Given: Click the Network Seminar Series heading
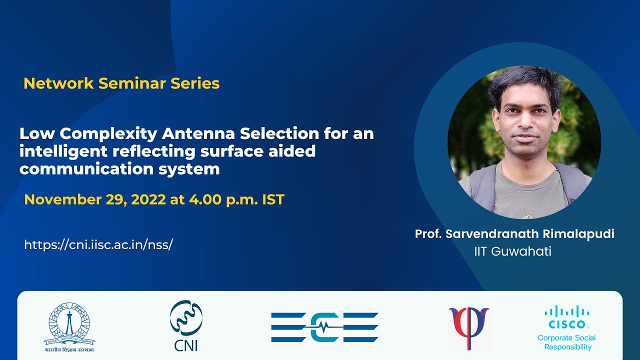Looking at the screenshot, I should (121, 83).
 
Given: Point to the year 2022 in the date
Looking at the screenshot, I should (148, 199).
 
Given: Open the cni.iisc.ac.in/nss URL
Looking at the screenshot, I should (98, 244).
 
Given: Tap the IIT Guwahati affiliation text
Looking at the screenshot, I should (512, 251).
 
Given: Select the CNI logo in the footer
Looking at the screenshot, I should (185, 325).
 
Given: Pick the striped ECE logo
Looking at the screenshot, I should (324, 327).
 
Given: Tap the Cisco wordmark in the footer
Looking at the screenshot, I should (567, 323).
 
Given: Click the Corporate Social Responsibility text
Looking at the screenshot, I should (567, 342).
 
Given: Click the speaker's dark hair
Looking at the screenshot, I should (525, 82).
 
